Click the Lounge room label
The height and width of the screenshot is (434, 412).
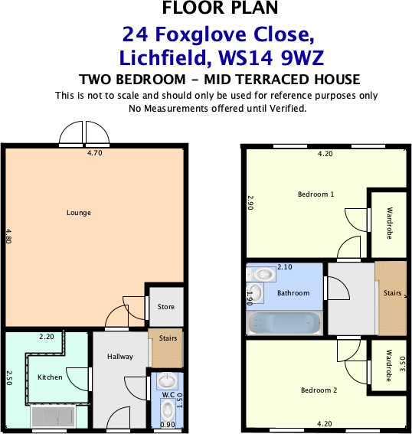pos(79,213)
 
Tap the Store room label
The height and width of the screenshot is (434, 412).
pos(166,307)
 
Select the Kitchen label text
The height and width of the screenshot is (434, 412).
pos(50,377)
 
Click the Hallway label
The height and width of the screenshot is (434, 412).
pos(120,357)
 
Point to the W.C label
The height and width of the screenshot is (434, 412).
pos(166,395)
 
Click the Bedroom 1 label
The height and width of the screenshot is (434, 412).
pos(316,194)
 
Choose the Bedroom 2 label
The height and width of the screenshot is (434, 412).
pos(319,390)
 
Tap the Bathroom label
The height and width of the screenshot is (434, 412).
pos(293,293)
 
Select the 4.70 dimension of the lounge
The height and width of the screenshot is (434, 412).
pos(94,153)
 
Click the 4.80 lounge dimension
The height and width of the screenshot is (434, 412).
pos(8,235)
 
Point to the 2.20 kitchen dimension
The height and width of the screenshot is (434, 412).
pos(47,336)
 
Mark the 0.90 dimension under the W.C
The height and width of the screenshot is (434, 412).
pos(167,424)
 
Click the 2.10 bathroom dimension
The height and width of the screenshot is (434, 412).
pos(284,267)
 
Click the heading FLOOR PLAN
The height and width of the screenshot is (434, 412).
pos(221,9)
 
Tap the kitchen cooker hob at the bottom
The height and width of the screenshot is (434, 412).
pos(53,417)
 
